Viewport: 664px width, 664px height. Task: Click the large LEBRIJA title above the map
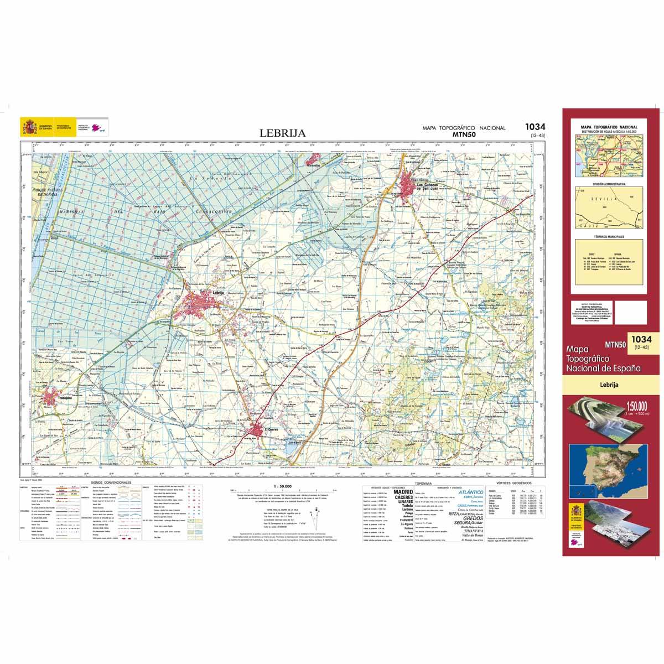click(282, 133)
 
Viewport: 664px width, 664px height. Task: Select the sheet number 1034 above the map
click(535, 127)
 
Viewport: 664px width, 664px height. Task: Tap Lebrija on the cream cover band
click(608, 383)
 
